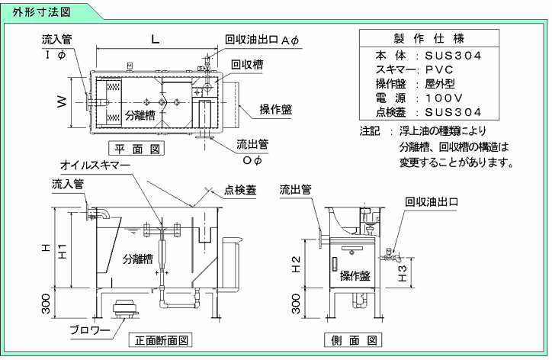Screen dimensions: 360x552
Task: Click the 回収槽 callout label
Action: [247, 66]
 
